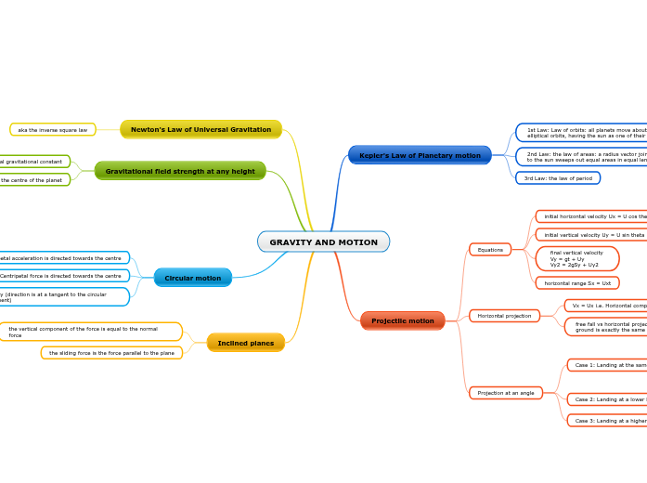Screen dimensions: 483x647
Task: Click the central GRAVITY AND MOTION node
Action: point(323,241)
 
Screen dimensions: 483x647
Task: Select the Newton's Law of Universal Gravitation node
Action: point(201,129)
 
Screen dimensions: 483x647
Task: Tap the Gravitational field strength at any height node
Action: point(180,171)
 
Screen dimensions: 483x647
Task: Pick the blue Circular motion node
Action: point(193,278)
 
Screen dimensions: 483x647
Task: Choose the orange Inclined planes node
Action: point(246,343)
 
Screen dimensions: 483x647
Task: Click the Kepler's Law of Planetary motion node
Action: point(420,155)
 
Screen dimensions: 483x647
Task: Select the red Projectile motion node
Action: point(403,320)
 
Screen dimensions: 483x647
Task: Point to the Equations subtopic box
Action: point(490,249)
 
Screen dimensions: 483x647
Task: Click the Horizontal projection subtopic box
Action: point(504,316)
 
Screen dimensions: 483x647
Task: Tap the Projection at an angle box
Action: point(506,393)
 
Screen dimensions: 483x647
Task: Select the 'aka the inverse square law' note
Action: point(53,129)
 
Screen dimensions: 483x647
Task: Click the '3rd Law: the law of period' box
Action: point(558,177)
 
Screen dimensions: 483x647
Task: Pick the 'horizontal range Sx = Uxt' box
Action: point(577,282)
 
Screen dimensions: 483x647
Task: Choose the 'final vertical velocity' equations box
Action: point(577,258)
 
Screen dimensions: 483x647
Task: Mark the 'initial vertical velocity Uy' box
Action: point(590,235)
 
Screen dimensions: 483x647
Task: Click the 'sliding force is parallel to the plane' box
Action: point(111,353)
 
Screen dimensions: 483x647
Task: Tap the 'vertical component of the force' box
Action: point(90,332)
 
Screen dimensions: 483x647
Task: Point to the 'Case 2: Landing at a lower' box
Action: point(608,399)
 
